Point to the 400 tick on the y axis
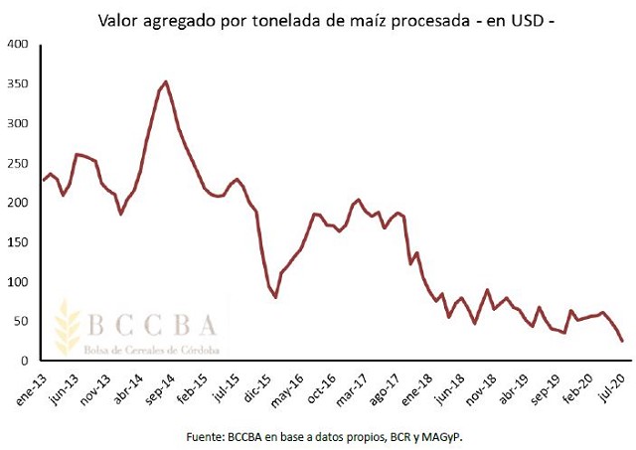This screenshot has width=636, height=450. (x=17, y=45)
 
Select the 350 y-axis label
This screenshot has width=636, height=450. (x=17, y=84)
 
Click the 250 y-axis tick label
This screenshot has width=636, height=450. (x=17, y=163)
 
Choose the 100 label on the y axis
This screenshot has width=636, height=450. (x=17, y=281)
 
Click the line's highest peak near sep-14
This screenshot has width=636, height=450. (x=166, y=81)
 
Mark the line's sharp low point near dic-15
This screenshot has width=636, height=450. (x=275, y=297)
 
